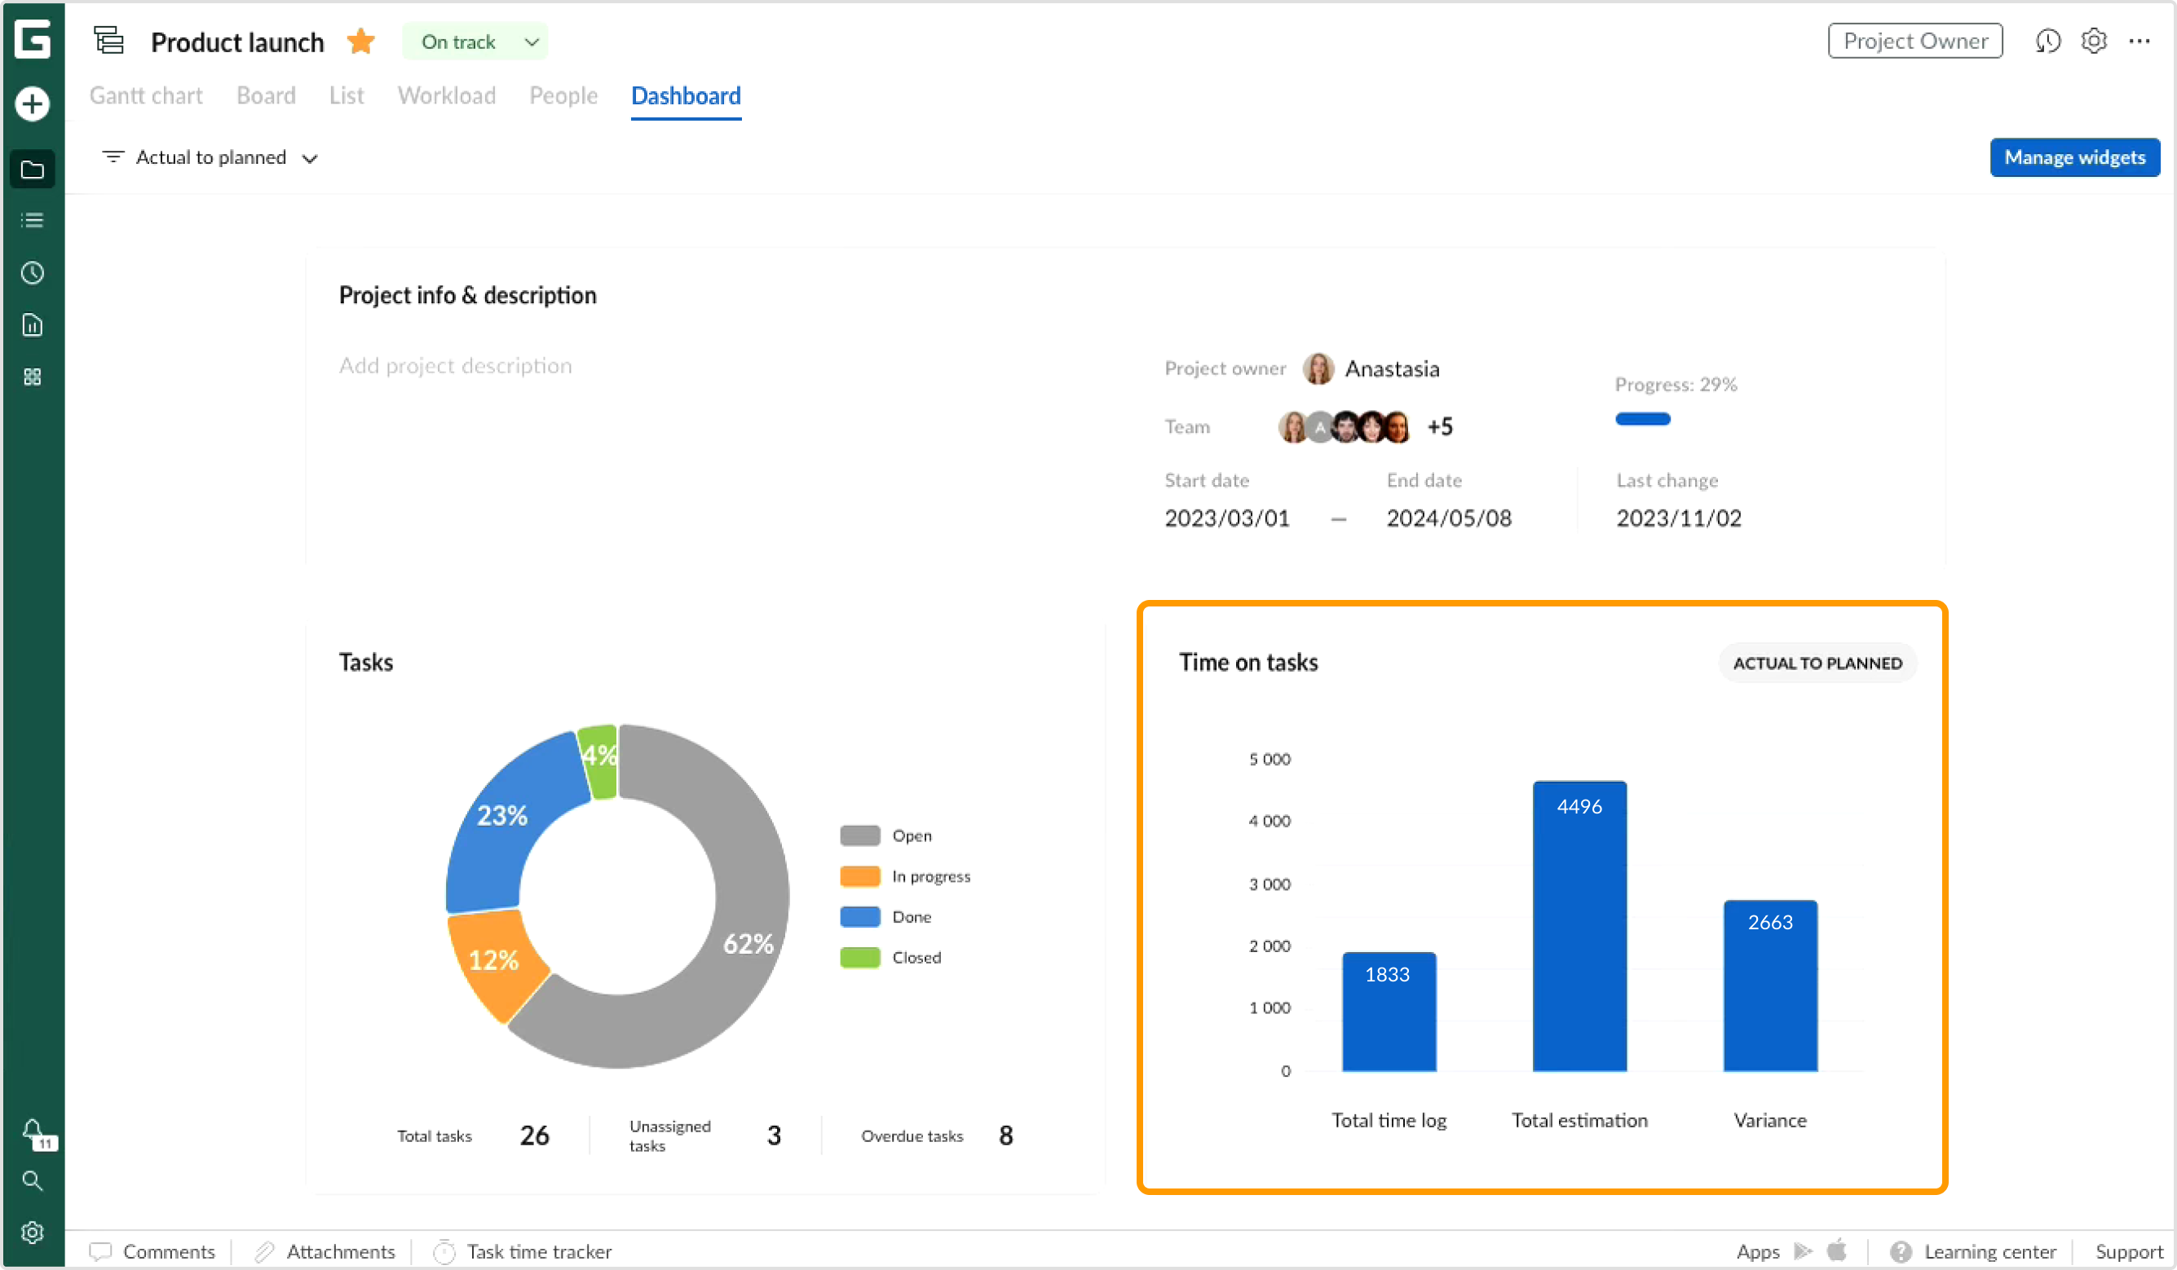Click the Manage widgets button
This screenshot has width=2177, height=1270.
coord(2073,157)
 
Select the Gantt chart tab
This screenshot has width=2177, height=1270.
coord(146,95)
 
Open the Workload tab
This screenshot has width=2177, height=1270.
coord(446,95)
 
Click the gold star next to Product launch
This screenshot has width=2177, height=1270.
coord(361,42)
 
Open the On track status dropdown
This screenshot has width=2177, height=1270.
coord(475,42)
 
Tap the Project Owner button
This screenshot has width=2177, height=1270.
coord(1914,41)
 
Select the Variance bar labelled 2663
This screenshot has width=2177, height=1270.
coord(1770,986)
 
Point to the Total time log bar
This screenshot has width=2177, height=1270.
coord(1389,1012)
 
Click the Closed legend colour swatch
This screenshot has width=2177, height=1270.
coord(859,957)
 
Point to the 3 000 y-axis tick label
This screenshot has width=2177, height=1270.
coord(1269,884)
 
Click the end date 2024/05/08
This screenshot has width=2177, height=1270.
coord(1449,518)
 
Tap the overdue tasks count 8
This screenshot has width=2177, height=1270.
coord(1005,1136)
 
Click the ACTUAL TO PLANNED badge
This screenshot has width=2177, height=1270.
coord(1817,663)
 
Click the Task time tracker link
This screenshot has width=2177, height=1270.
coord(538,1251)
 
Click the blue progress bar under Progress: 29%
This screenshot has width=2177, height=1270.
coord(1642,419)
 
